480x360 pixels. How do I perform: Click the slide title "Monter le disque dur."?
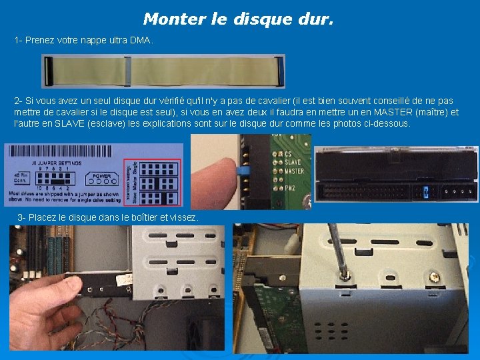pos(238,19)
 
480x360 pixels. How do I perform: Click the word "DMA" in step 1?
pos(141,41)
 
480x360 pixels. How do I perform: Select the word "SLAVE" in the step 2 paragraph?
pos(56,123)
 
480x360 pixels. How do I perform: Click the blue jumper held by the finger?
pos(243,173)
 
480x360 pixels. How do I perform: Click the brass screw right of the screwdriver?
pos(434,276)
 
